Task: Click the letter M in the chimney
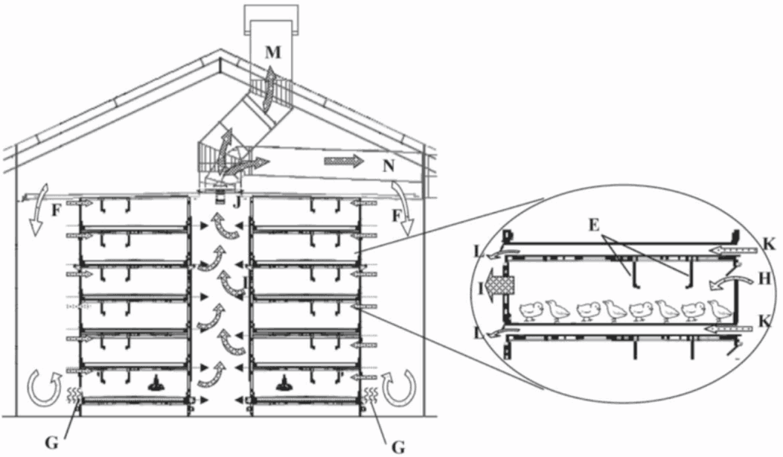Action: [x=273, y=52]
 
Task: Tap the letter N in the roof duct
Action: [x=388, y=165]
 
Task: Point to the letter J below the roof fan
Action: [x=237, y=202]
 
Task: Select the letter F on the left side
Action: [x=57, y=211]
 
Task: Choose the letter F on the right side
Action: [x=397, y=216]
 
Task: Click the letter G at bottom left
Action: [x=51, y=442]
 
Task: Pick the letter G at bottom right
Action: [x=398, y=447]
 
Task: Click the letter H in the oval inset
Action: [x=764, y=278]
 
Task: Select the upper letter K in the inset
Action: [x=769, y=244]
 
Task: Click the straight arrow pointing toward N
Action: [x=344, y=161]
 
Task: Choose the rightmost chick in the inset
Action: [x=719, y=310]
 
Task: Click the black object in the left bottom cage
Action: [x=157, y=383]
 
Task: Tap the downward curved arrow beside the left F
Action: [x=38, y=210]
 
